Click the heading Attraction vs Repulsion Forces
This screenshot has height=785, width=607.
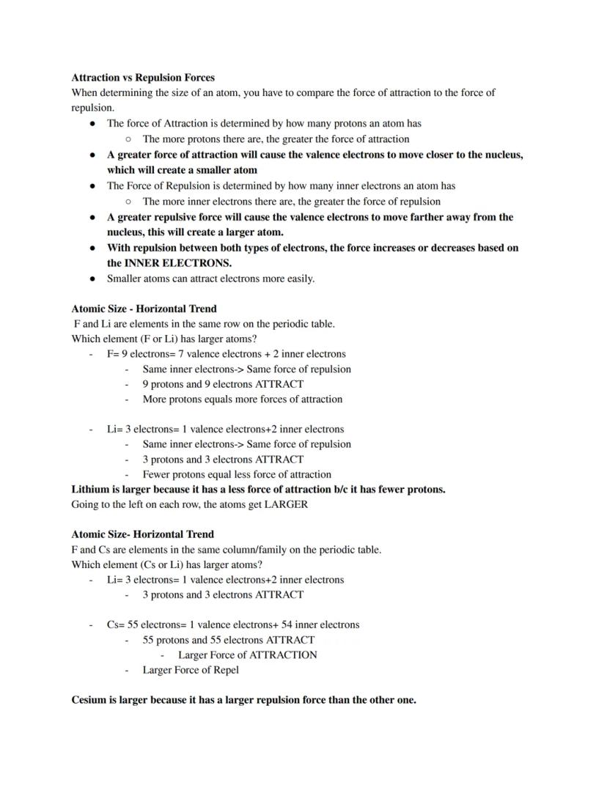pos(143,77)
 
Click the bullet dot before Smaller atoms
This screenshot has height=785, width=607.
pos(92,279)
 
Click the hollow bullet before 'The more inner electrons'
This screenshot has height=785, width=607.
pos(128,202)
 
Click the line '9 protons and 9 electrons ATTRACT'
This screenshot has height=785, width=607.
pos(223,384)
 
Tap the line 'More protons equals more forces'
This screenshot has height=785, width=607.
pos(242,399)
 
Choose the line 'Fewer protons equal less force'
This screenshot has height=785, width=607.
pos(237,474)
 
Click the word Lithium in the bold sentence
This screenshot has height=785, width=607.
pos(92,489)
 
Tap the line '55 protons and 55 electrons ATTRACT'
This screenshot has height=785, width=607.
pos(228,640)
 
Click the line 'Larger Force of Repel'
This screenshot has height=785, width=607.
pos(191,670)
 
